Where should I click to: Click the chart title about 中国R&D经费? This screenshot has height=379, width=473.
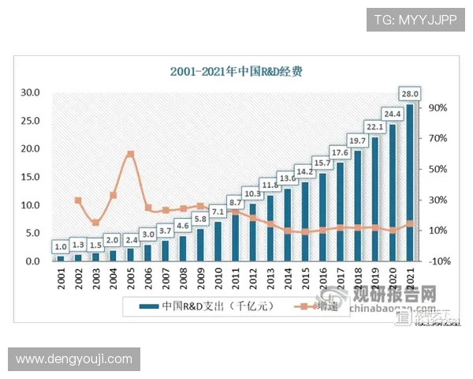[x=236, y=71]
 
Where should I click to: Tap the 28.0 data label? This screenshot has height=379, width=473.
[x=410, y=92]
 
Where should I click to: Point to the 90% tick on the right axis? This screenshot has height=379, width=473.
[x=438, y=107]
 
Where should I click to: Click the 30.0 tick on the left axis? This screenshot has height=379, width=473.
[x=29, y=92]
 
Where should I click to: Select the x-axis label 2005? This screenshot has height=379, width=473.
[x=130, y=280]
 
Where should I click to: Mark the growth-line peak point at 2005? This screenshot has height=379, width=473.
[x=130, y=154]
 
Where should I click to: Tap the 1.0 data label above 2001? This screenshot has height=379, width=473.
[x=61, y=246]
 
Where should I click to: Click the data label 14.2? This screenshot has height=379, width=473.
[x=304, y=171]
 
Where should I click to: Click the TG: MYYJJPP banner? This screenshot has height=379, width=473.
[x=415, y=17]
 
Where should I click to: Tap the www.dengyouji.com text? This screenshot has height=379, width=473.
[x=74, y=359]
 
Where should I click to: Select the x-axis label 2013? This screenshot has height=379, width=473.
[x=270, y=280]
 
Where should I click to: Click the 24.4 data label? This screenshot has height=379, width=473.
[x=393, y=113]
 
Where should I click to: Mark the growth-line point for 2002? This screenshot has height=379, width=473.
[x=78, y=200]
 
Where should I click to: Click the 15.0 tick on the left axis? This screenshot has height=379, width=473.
[x=29, y=177]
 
